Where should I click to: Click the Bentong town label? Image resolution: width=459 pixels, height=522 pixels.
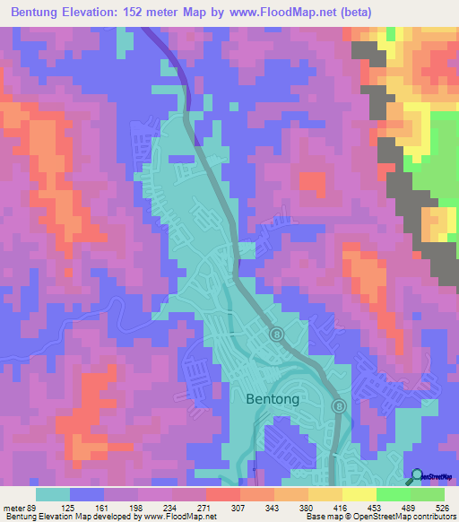point(273,399)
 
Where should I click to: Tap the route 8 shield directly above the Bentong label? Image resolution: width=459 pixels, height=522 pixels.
point(277,335)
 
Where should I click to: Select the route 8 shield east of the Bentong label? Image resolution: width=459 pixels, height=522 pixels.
point(340,406)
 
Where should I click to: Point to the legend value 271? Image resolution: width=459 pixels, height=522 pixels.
point(204,508)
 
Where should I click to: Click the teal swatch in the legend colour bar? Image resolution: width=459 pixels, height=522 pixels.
point(53,494)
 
